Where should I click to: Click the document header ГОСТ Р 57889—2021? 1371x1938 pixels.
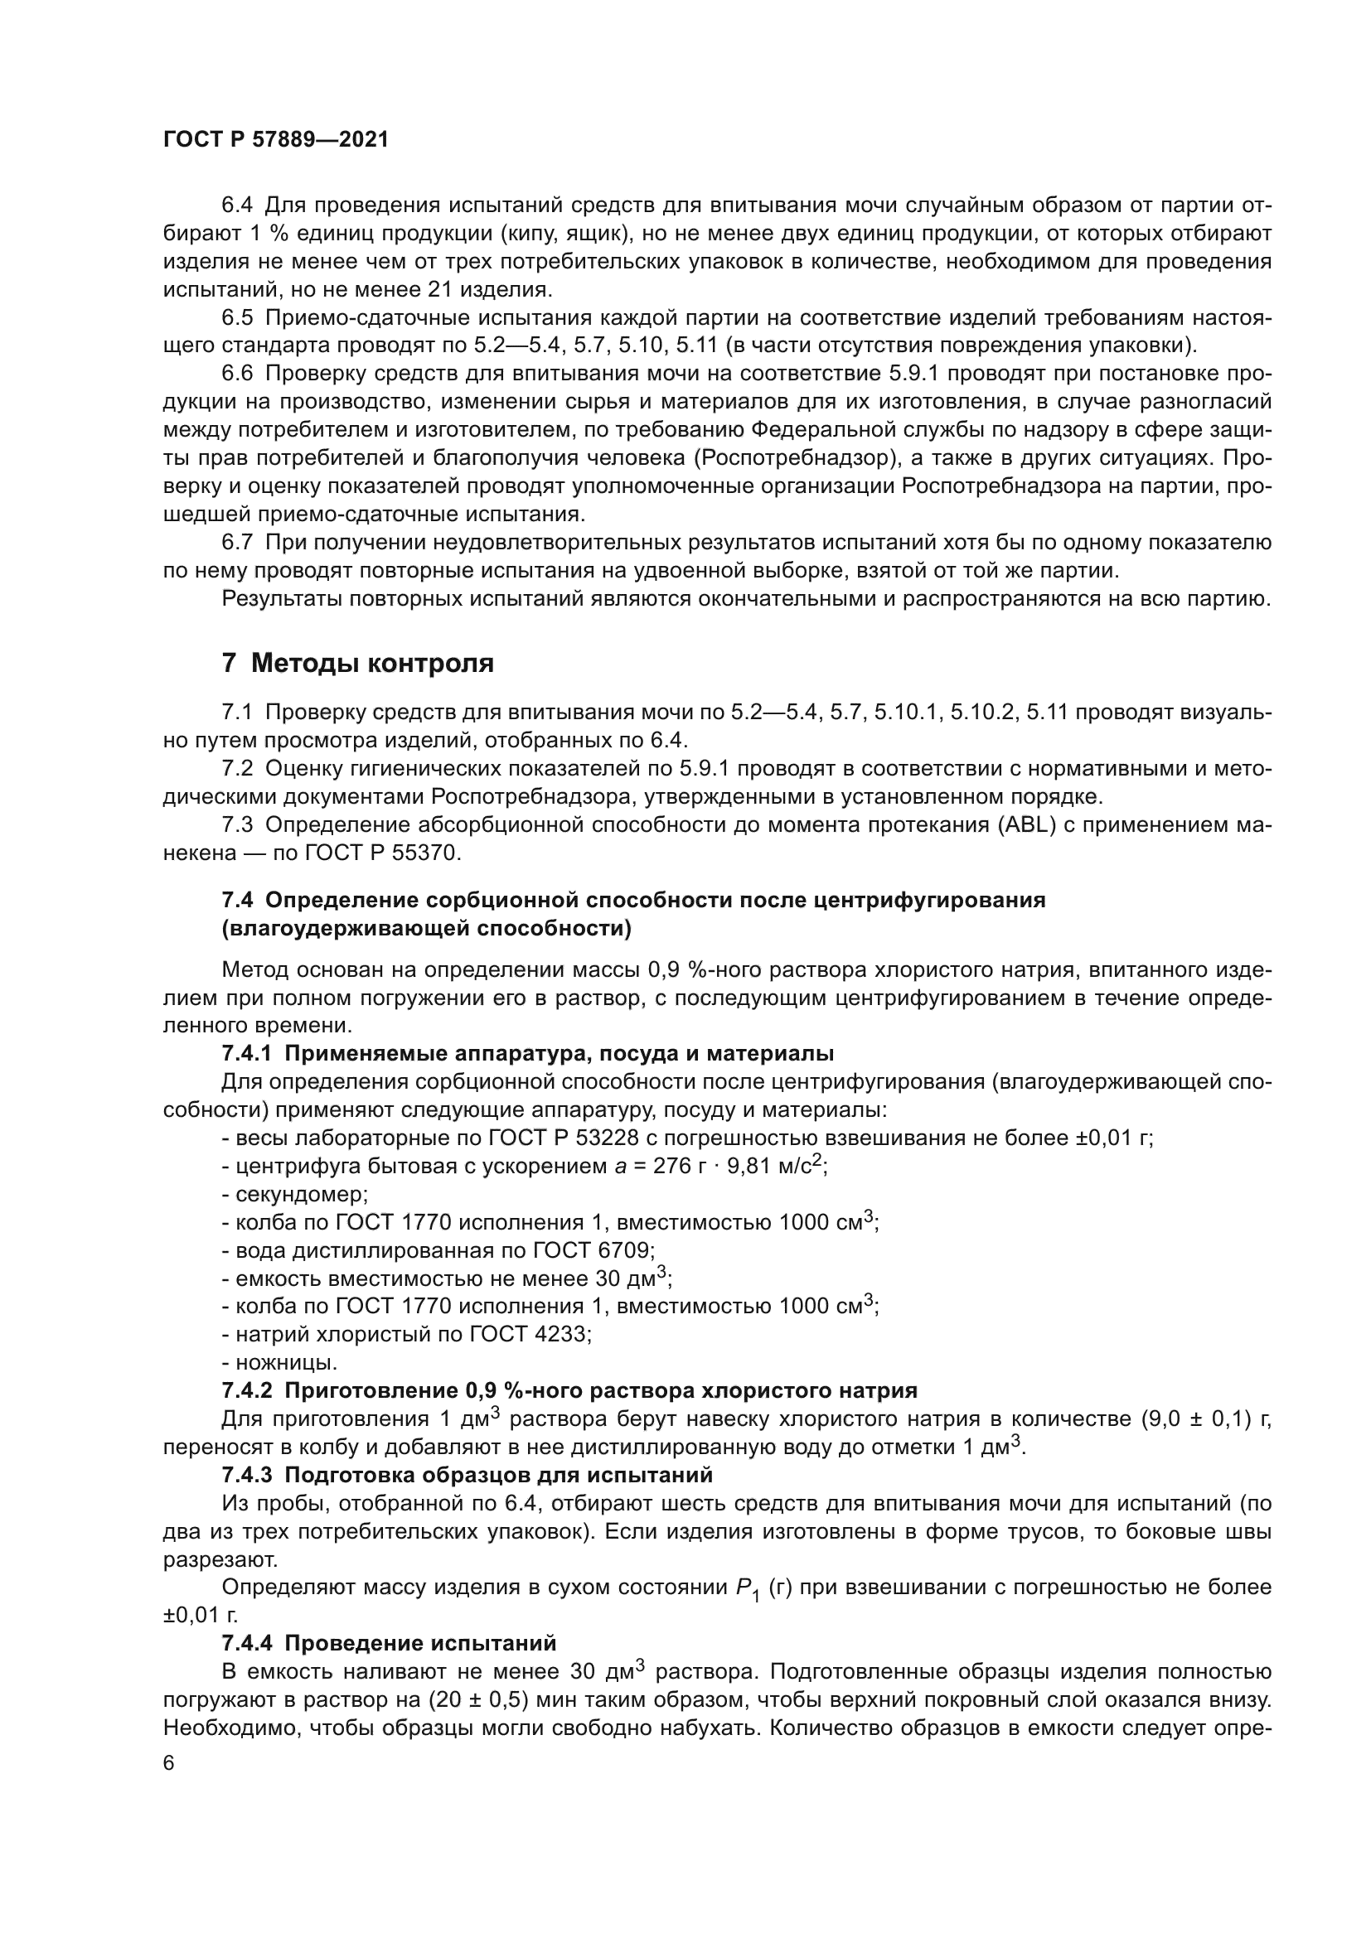click(275, 140)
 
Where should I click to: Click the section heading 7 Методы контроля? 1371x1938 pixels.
click(357, 663)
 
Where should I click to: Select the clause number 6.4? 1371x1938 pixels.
click(237, 205)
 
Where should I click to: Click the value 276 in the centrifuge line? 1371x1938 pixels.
click(670, 1167)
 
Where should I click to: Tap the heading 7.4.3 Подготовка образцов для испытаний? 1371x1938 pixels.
click(467, 1475)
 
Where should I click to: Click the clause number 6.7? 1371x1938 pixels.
click(237, 542)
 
